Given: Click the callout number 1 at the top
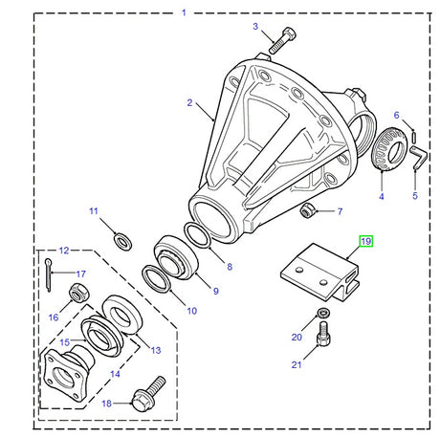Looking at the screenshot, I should (185, 13).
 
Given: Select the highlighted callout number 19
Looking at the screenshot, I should (365, 243).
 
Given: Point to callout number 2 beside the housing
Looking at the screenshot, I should (189, 102).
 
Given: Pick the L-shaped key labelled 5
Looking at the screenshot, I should (418, 157).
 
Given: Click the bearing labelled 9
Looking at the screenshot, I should (176, 258).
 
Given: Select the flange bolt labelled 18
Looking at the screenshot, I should (147, 390).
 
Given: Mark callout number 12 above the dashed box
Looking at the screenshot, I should (64, 251).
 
